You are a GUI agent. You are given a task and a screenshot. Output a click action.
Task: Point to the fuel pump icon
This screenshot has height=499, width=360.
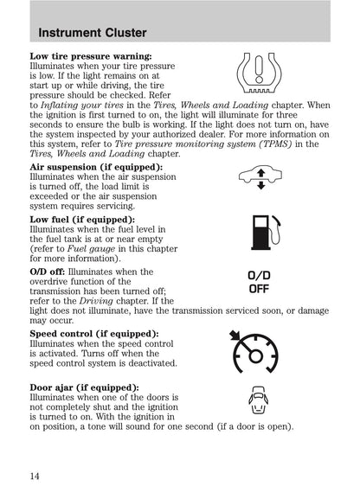[x=259, y=233]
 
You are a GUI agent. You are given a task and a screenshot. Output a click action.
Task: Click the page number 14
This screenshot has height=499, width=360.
[x=35, y=475]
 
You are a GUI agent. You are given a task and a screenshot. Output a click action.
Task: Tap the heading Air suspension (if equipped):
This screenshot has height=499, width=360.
[x=95, y=166]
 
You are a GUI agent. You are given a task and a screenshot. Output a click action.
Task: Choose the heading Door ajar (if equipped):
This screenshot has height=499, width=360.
[x=84, y=387]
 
